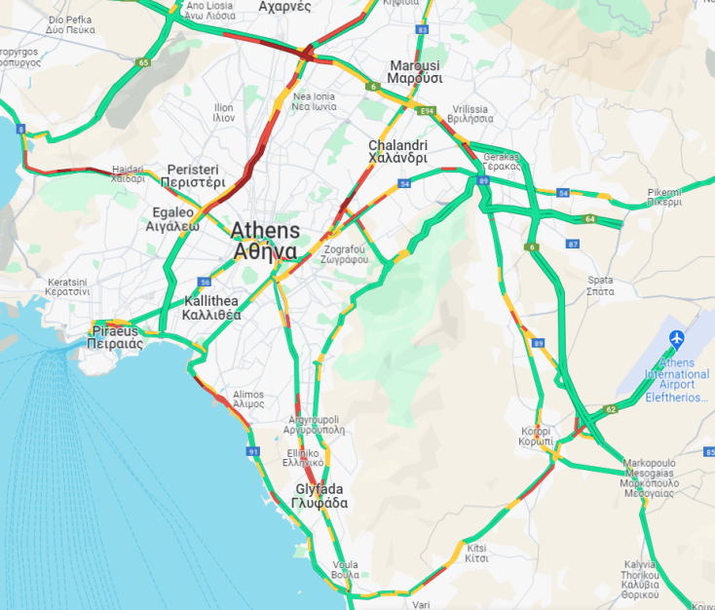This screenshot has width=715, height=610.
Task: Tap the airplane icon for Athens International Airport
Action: pos(677,338)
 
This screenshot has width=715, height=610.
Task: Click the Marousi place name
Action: pos(414,72)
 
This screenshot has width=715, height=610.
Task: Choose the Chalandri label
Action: pos(397,152)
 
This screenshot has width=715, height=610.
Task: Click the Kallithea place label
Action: pos(211,308)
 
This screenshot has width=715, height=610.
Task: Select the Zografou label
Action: pos(346,254)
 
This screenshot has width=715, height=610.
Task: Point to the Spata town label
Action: pos(600,286)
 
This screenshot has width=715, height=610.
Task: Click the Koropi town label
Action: pos(536,436)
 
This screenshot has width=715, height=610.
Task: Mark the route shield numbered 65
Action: pos(143,62)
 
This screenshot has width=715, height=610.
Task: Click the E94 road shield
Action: pos(427,112)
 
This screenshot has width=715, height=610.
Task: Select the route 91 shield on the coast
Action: pos(253,452)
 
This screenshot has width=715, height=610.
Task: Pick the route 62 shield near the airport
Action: pos(611,409)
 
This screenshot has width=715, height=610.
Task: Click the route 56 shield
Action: pos(205,282)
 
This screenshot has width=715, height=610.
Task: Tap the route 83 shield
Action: pos(422,30)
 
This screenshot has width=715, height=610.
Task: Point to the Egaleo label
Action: pos(172,218)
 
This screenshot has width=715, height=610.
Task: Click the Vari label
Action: pos(421,604)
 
